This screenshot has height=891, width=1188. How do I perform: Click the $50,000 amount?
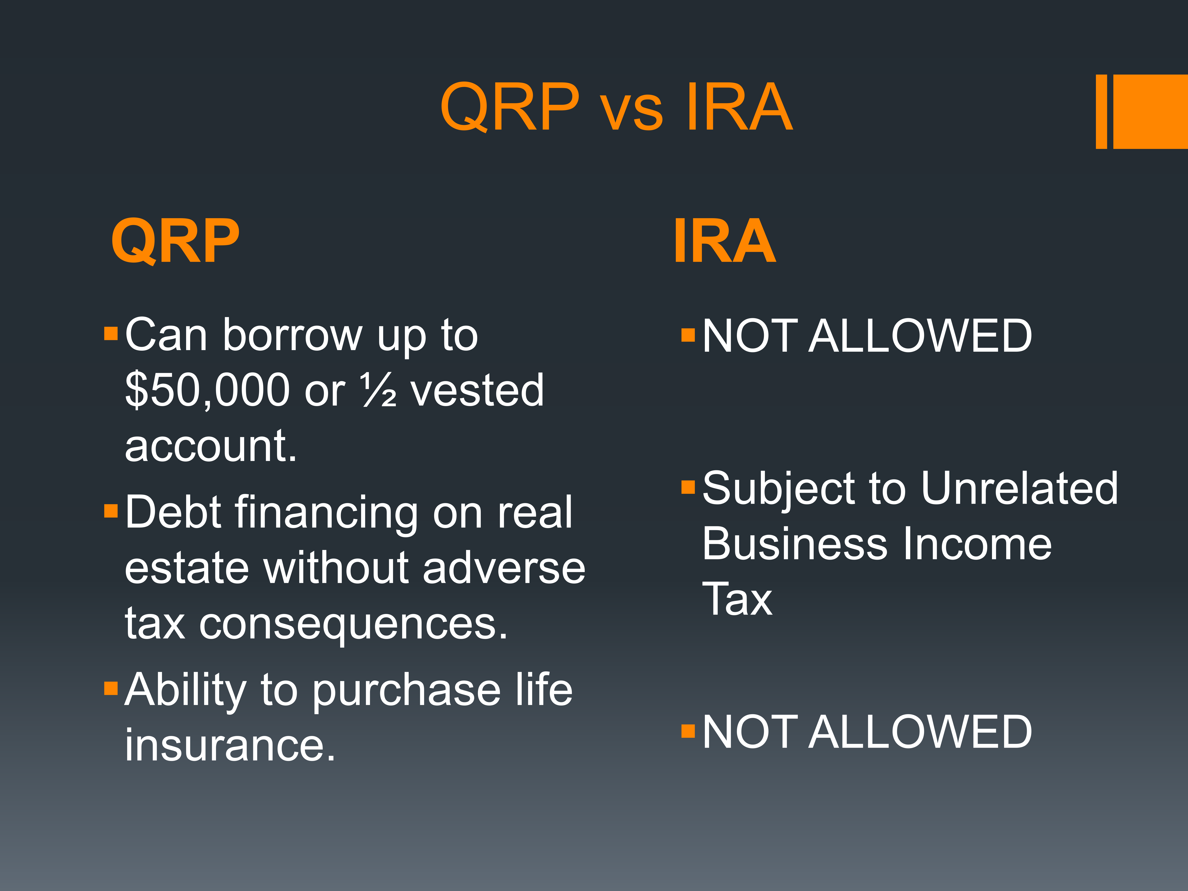(x=208, y=390)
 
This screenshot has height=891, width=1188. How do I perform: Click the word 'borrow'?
(x=293, y=336)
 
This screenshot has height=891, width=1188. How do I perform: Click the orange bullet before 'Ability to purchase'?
(x=111, y=688)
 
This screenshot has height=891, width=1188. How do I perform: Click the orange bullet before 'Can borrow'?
(x=111, y=334)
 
